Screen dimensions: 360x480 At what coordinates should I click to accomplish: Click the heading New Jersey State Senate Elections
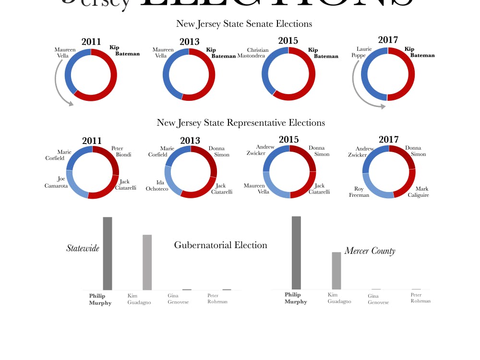(x=244, y=24)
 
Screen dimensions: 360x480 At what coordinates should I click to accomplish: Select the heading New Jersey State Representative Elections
(x=240, y=123)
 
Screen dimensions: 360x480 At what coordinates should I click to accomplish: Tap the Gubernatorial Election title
(x=220, y=245)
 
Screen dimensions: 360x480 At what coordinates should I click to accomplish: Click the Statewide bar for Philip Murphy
(x=108, y=253)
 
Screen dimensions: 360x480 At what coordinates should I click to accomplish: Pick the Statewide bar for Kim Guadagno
(x=147, y=262)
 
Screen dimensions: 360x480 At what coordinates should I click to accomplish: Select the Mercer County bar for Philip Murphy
(x=296, y=252)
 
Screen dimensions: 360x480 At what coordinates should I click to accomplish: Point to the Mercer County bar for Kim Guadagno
(x=336, y=271)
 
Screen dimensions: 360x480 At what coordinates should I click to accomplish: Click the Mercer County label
(x=370, y=251)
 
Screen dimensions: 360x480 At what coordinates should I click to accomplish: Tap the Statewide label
(x=83, y=248)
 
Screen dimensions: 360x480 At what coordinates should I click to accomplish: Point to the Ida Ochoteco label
(x=157, y=186)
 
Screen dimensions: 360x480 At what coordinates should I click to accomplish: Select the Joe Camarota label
(x=56, y=182)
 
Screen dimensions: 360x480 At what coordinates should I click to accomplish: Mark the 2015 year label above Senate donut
(x=288, y=41)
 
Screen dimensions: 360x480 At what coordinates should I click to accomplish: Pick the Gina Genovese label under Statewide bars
(x=178, y=299)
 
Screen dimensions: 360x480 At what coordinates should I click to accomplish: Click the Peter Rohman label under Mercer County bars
(x=420, y=298)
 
